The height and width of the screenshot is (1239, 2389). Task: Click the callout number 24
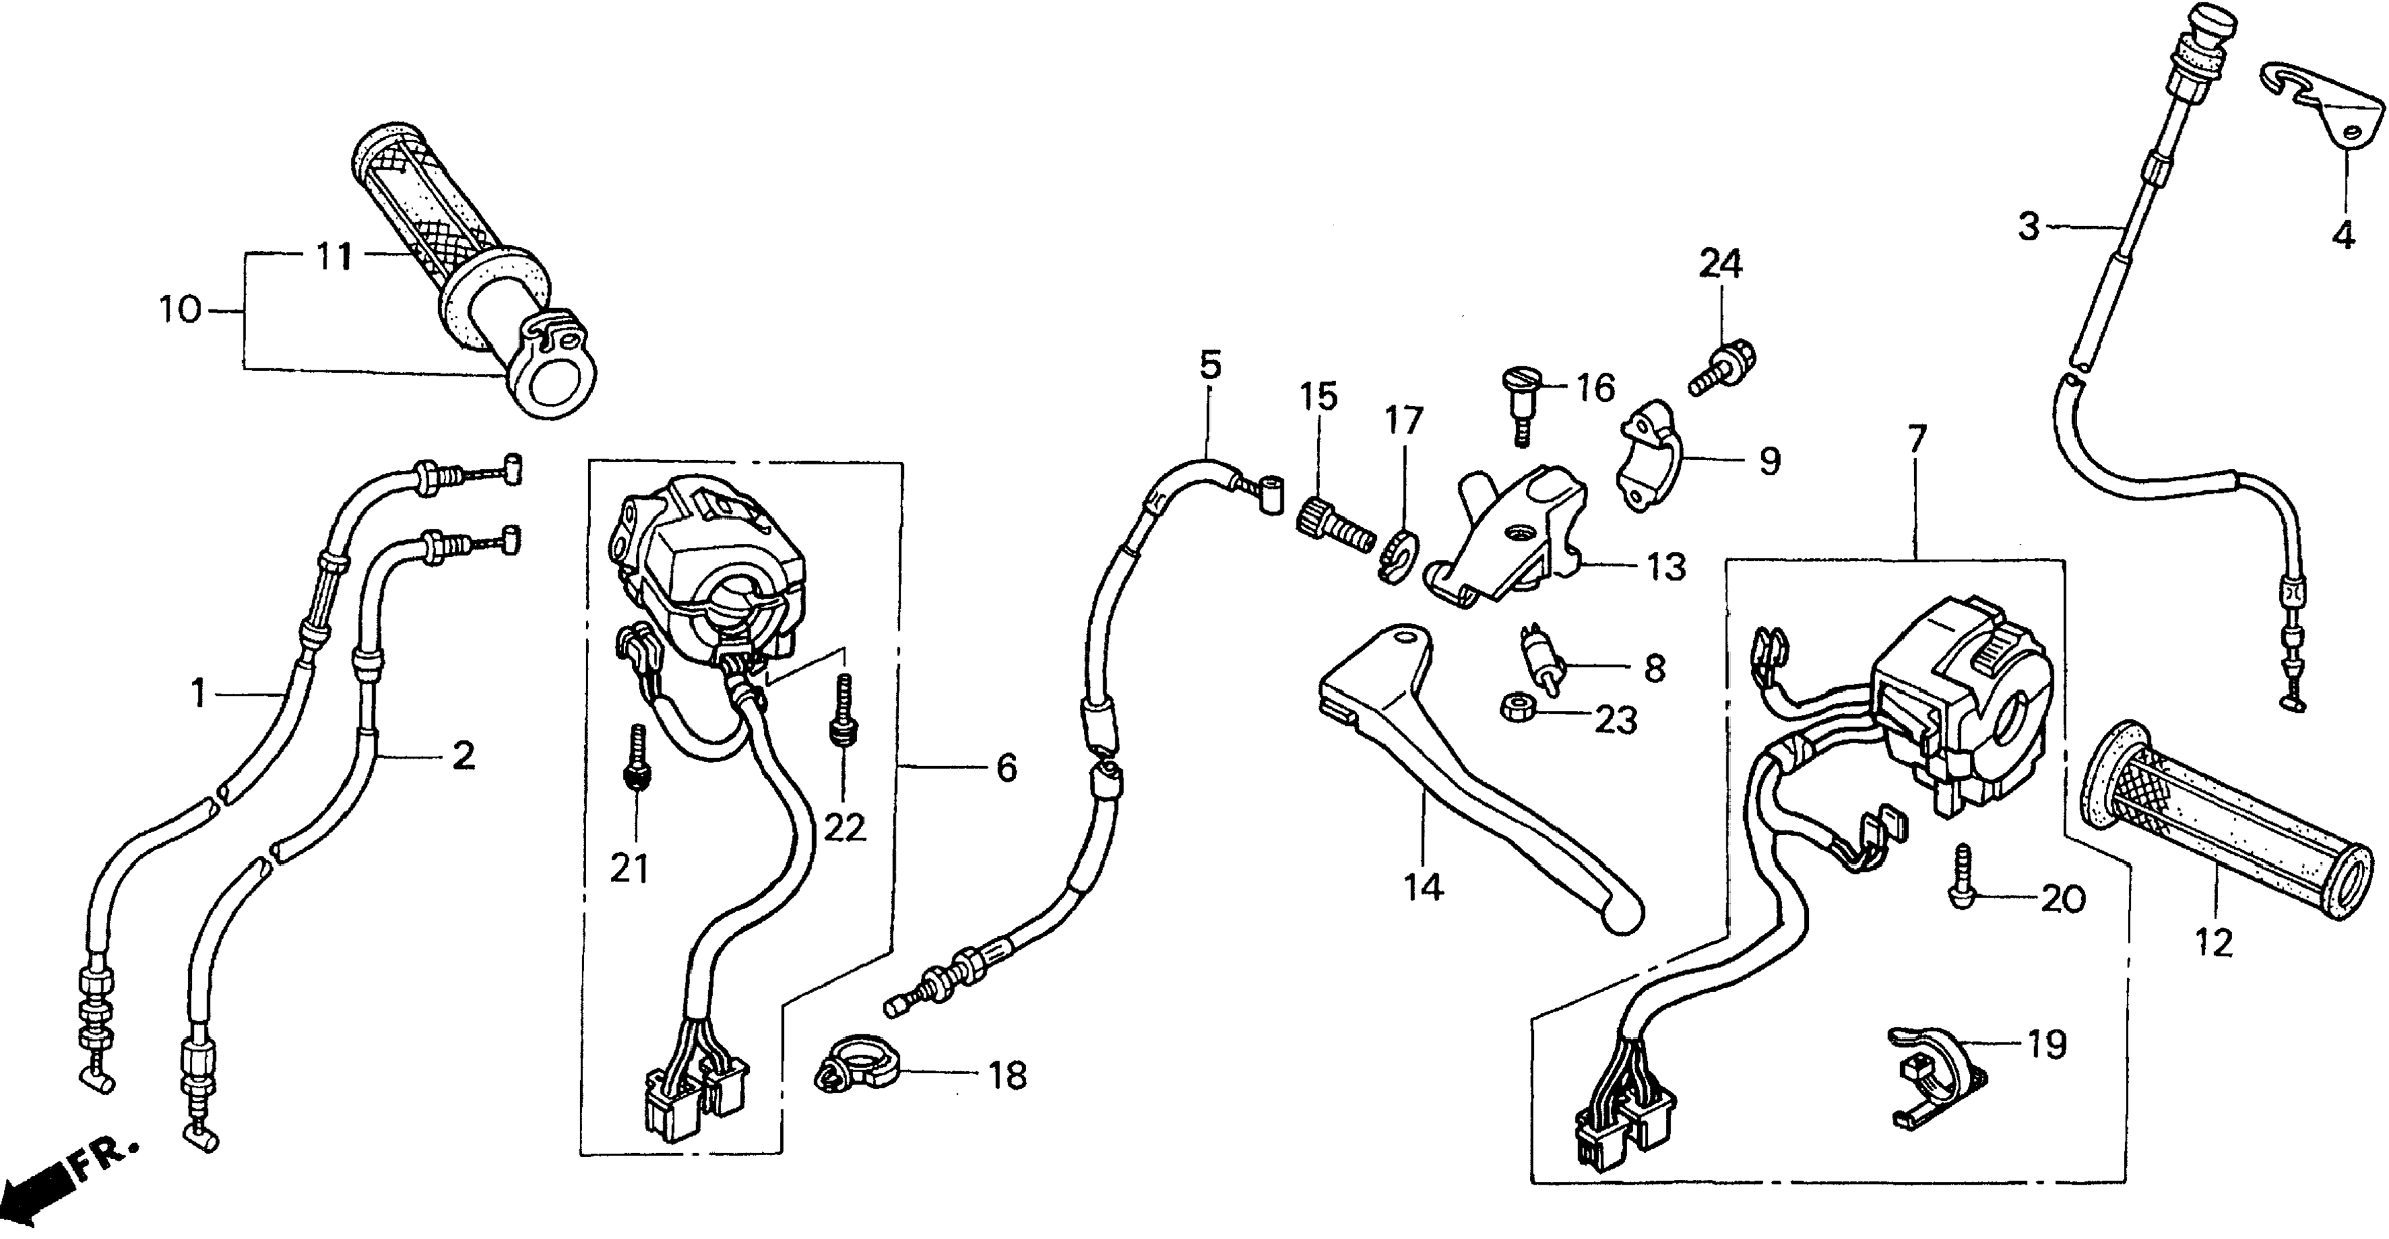click(x=1720, y=264)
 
